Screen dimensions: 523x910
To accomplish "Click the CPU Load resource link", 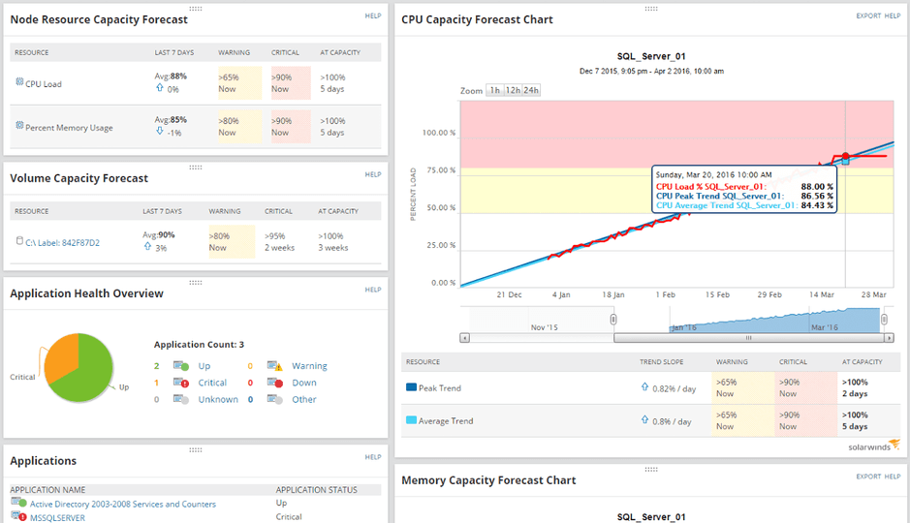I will [45, 84].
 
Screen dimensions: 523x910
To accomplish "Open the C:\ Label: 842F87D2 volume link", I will [62, 243].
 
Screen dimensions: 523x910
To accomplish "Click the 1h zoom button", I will [494, 90].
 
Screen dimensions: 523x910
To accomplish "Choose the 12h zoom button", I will [512, 90].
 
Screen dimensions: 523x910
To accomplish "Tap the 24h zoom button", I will [531, 90].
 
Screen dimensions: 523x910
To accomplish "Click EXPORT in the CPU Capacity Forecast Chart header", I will [866, 16].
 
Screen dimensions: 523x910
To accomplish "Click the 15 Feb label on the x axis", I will [717, 294].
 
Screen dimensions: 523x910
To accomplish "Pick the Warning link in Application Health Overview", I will [309, 366].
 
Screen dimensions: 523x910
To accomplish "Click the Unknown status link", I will [217, 399].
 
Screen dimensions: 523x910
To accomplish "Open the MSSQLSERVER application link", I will [57, 518].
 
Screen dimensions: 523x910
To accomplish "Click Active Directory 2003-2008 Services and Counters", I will [122, 504].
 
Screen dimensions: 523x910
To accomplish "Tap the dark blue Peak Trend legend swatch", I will [411, 387].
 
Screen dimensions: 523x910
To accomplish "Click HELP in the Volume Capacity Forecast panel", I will [373, 175].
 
